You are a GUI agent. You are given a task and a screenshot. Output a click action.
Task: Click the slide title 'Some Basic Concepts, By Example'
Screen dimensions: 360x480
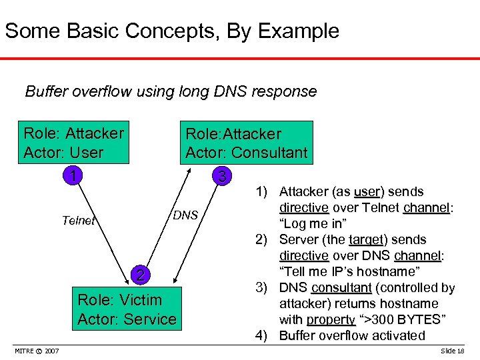click(x=172, y=31)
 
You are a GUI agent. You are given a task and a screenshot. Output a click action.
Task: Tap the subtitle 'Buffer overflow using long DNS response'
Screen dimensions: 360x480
click(x=171, y=91)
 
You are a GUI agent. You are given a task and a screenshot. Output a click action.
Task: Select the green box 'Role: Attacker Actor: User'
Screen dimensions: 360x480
click(x=73, y=143)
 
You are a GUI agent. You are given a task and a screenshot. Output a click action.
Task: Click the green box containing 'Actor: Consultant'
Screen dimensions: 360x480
click(x=246, y=143)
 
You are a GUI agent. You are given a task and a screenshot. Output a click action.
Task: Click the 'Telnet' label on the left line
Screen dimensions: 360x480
click(x=78, y=221)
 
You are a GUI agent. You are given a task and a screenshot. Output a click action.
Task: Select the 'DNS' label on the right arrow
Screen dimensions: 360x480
click(x=185, y=215)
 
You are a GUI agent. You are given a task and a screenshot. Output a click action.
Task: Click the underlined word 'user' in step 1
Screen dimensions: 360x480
click(x=367, y=192)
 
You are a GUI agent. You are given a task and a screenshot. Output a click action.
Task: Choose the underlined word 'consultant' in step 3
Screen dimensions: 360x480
click(x=343, y=288)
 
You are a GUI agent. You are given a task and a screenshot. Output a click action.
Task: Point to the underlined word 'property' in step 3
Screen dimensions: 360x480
click(x=331, y=320)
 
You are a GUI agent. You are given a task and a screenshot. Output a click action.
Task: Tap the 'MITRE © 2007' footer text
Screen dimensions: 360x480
click(x=37, y=351)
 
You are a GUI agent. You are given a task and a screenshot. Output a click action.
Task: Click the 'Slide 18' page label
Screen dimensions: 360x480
click(x=453, y=351)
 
